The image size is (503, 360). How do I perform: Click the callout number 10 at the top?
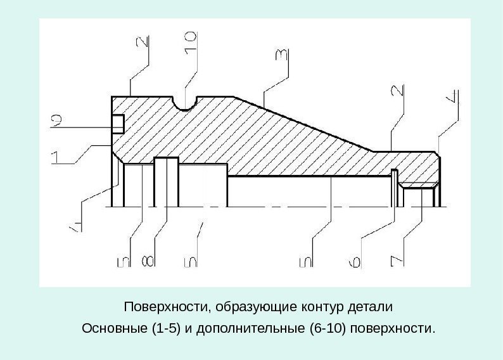click(191, 46)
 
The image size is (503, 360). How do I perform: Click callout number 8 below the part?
click(147, 261)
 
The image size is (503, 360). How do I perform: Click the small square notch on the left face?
click(118, 124)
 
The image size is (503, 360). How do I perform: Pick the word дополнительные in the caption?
click(253, 330)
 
